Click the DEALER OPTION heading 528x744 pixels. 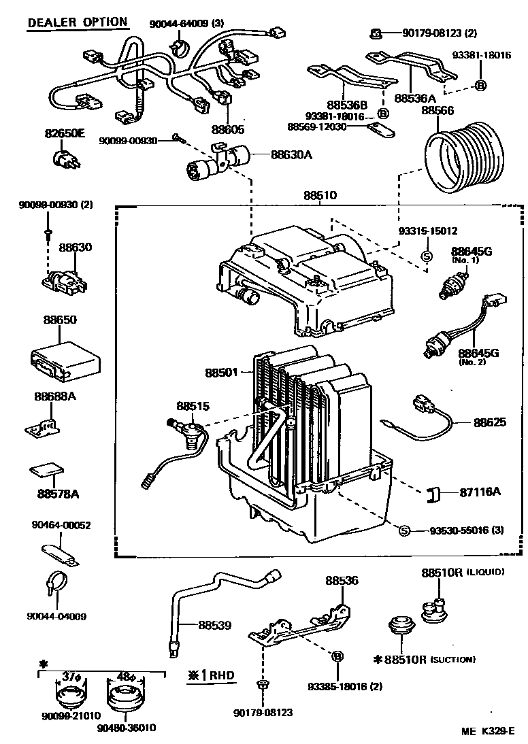[x=77, y=22]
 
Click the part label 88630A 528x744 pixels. [x=291, y=155]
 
